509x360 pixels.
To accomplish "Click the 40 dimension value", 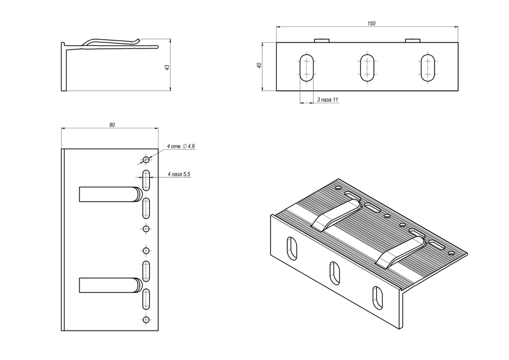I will pyautogui.click(x=259, y=66).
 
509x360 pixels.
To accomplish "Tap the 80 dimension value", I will pyautogui.click(x=112, y=125).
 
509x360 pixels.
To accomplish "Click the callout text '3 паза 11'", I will pyautogui.click(x=327, y=100).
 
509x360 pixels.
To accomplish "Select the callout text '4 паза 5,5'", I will pyautogui.click(x=178, y=174).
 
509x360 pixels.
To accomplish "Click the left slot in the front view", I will pyautogui.click(x=306, y=67).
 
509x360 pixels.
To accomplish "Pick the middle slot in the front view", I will pyautogui.click(x=367, y=67).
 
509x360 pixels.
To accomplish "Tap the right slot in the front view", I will pyautogui.click(x=428, y=67).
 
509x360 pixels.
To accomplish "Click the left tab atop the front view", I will pyautogui.click(x=322, y=40).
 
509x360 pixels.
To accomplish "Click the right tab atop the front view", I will pyautogui.click(x=412, y=40).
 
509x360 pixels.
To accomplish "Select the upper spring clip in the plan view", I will pyautogui.click(x=110, y=194).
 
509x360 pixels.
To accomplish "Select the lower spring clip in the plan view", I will pyautogui.click(x=110, y=285).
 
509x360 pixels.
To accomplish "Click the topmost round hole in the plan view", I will pyautogui.click(x=147, y=160).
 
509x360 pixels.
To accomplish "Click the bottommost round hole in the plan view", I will pyautogui.click(x=147, y=320).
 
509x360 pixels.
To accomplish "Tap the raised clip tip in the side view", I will pyautogui.click(x=136, y=40).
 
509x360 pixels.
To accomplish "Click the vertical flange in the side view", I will pyautogui.click(x=64, y=68).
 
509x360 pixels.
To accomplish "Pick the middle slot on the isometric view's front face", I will pyautogui.click(x=335, y=272).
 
